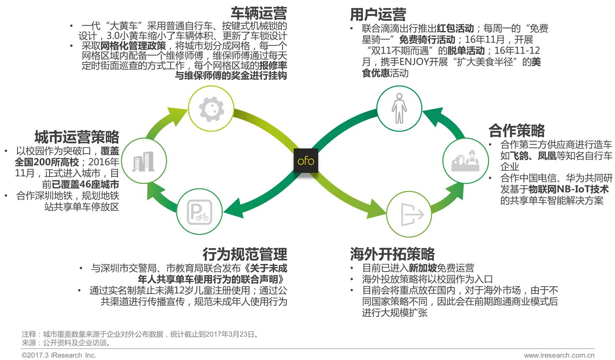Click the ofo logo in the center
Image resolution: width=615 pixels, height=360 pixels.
coord(306,160)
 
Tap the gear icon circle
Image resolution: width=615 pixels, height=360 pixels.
coord(211,108)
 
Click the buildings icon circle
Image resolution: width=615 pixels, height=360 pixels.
coord(143,162)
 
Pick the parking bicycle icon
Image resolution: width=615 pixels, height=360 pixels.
coord(199,212)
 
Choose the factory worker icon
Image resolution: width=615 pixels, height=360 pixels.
coord(465,161)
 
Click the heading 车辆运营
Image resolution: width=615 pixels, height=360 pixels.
coord(259,13)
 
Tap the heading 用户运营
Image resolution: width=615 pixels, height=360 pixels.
coord(378,15)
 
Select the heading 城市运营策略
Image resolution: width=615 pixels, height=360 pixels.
coord(76,137)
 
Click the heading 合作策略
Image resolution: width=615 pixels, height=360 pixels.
coord(517,131)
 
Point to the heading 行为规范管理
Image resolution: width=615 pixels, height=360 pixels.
coord(245,254)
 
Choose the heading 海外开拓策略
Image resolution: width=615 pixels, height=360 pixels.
coord(392,254)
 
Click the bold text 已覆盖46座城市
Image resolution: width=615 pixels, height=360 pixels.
coord(85,184)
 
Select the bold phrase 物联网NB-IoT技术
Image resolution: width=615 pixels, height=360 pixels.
coord(568,189)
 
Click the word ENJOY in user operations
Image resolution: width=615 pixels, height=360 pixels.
coord(404,62)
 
